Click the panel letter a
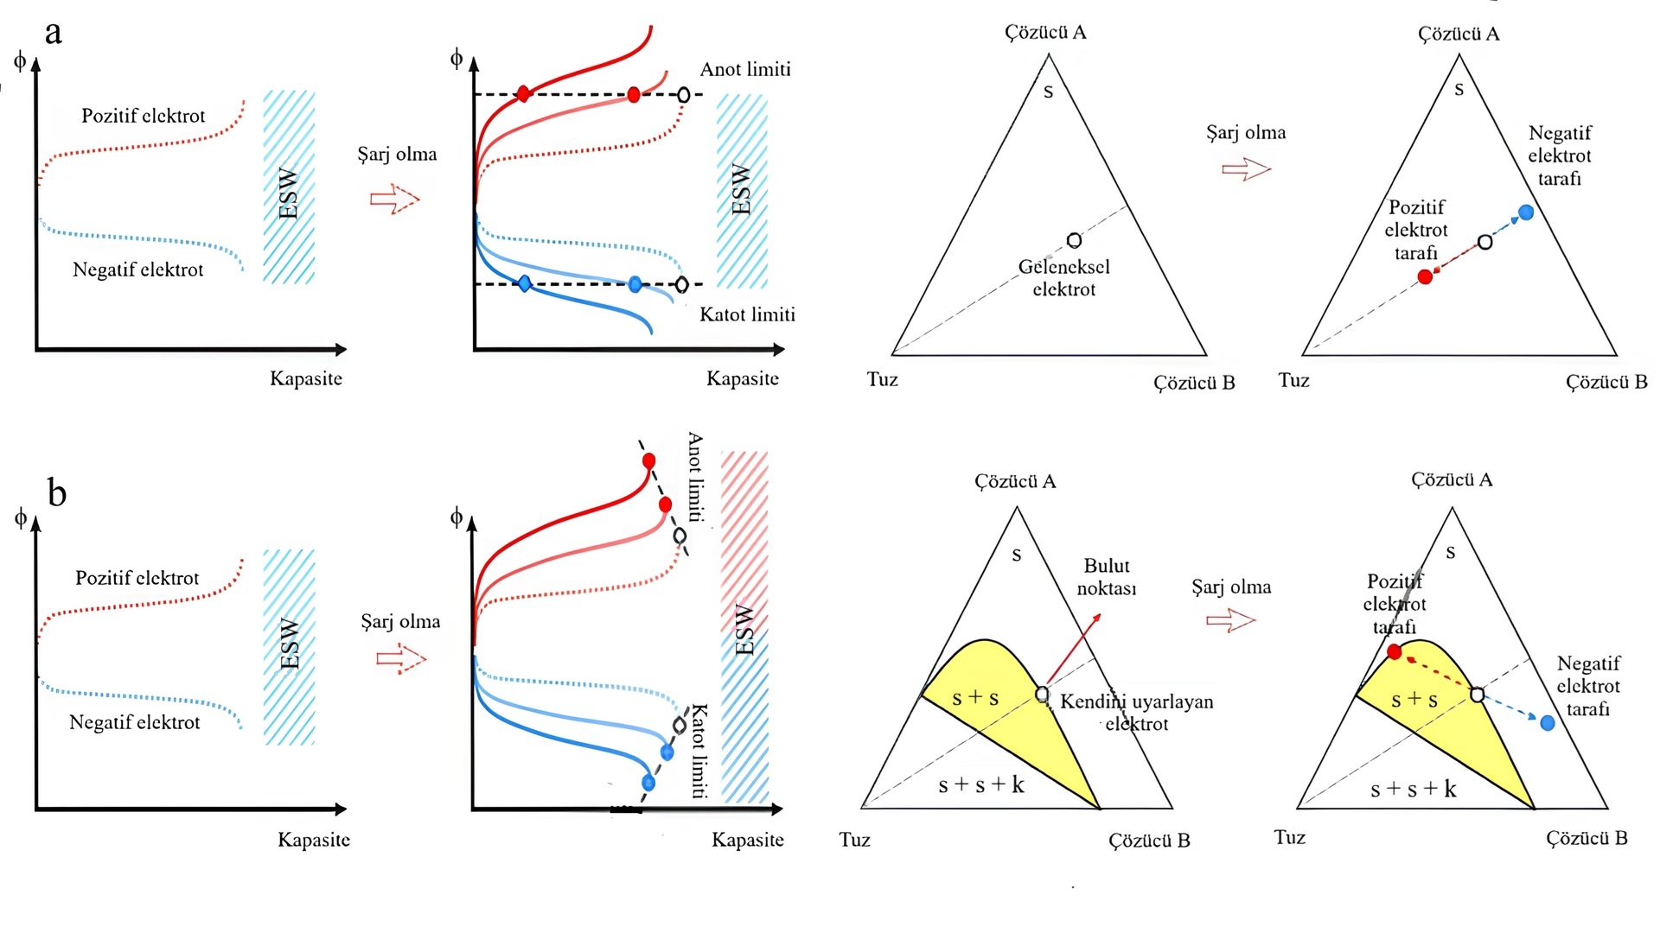pyautogui.click(x=54, y=33)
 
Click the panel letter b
pyautogui.click(x=56, y=493)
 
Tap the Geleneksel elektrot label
pyautogui.click(x=1064, y=278)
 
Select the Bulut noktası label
pyautogui.click(x=1107, y=577)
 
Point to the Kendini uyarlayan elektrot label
pyautogui.click(x=1136, y=713)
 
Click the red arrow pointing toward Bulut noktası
pyautogui.click(x=1074, y=647)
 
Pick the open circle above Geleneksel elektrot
pyautogui.click(x=1074, y=240)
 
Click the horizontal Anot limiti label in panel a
pyautogui.click(x=745, y=69)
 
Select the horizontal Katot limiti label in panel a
pyautogui.click(x=747, y=314)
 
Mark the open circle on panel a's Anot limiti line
pyautogui.click(x=684, y=94)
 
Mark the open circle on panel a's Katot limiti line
pyautogui.click(x=682, y=284)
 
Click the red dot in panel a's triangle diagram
pyautogui.click(x=1425, y=276)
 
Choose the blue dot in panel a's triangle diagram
pyautogui.click(x=1526, y=212)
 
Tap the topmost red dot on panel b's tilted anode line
pyautogui.click(x=649, y=460)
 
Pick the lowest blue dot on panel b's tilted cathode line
pyautogui.click(x=648, y=784)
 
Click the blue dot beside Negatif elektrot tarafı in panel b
pyautogui.click(x=1548, y=722)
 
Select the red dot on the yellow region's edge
pyautogui.click(x=1394, y=652)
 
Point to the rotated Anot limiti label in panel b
pyautogui.click(x=695, y=477)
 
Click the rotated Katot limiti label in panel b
pyautogui.click(x=699, y=750)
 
